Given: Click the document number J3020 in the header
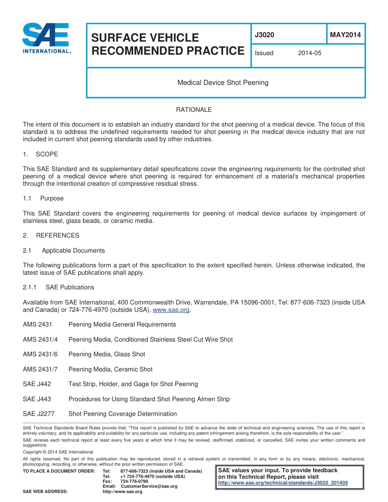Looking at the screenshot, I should (x=264, y=35).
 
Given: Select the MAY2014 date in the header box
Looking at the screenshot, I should (x=345, y=35).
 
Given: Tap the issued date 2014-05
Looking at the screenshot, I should (x=310, y=53).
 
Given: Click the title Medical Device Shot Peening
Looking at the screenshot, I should (x=223, y=83).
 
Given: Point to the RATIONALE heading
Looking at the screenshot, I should (x=194, y=110).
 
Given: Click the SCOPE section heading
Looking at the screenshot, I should (x=47, y=154).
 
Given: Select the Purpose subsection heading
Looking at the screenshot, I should (x=52, y=198).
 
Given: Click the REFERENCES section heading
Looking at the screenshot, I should (x=57, y=235).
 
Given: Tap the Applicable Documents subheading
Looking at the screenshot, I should (x=73, y=251).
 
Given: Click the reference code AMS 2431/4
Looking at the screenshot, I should (x=40, y=340).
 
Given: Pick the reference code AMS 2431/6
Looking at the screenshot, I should (x=40, y=354).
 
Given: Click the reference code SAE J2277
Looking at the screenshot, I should (x=38, y=414).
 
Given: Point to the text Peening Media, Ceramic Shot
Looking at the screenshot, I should (x=110, y=369).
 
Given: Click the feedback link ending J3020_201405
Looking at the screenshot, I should (x=283, y=483).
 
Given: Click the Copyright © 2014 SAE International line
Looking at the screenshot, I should (x=58, y=452).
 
